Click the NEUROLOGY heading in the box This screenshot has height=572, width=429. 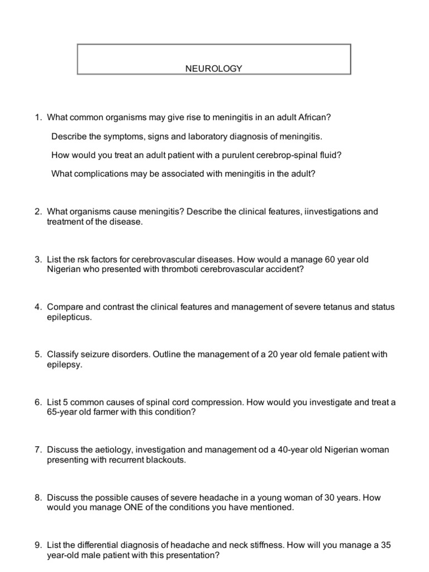click(214, 69)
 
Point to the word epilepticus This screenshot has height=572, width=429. click(70, 317)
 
